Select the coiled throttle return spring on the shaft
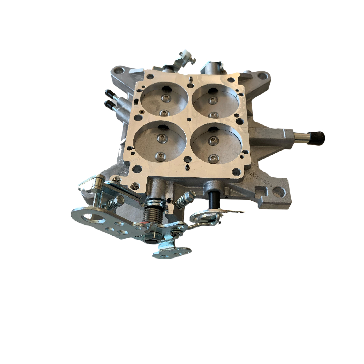coord(151,214)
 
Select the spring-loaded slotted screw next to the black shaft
coord(184,200)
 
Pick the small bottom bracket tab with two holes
coord(172,252)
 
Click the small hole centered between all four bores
coord(189,119)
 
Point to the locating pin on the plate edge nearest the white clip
coord(190,80)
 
